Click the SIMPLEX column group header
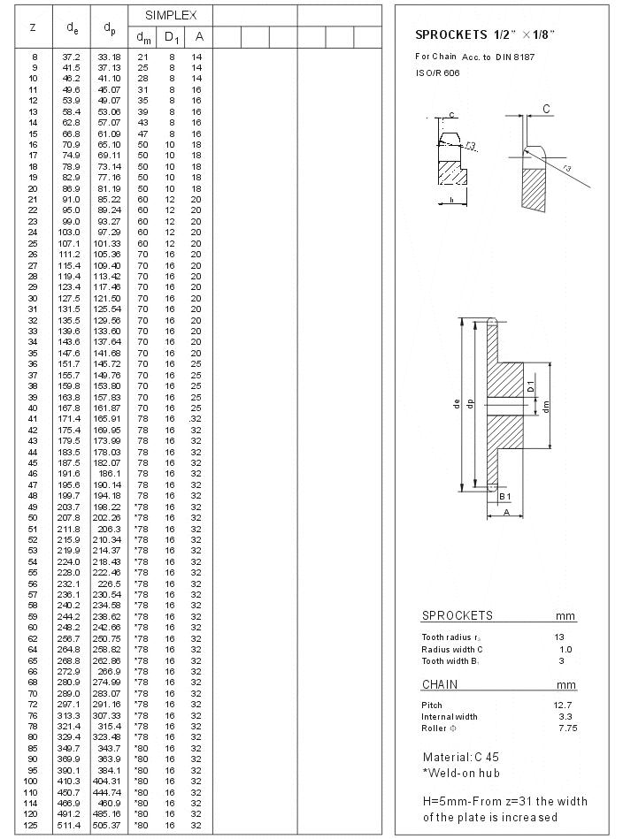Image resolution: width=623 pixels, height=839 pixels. pos(171,15)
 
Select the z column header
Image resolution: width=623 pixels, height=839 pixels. pos(33,27)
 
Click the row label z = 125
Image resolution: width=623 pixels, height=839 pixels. pos(33,825)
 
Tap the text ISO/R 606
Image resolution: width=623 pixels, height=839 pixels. pos(437,72)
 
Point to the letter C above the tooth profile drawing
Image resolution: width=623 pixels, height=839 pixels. pos(546,109)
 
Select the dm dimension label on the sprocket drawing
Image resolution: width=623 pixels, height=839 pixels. pos(548,407)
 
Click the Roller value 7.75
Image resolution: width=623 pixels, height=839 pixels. pos(567,728)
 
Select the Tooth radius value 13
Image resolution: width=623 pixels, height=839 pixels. pos(559,637)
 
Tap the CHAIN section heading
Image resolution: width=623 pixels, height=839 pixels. pos(439,684)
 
